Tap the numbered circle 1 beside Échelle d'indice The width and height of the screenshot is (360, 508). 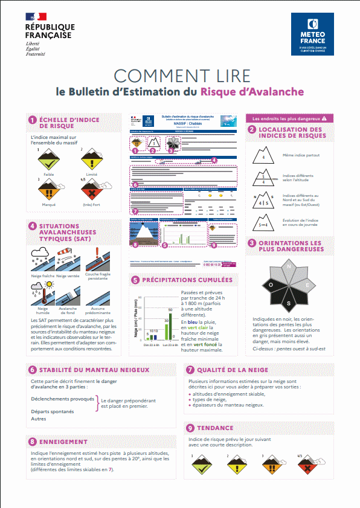pos(32,120)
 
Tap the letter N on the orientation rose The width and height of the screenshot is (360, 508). pos(289,266)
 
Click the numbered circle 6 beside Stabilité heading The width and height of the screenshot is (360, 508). pos(32,369)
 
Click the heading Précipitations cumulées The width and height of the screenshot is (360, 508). pos(187,280)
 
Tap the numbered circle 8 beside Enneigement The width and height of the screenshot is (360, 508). pos(32,442)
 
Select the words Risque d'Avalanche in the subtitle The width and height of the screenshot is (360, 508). pos(252,92)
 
